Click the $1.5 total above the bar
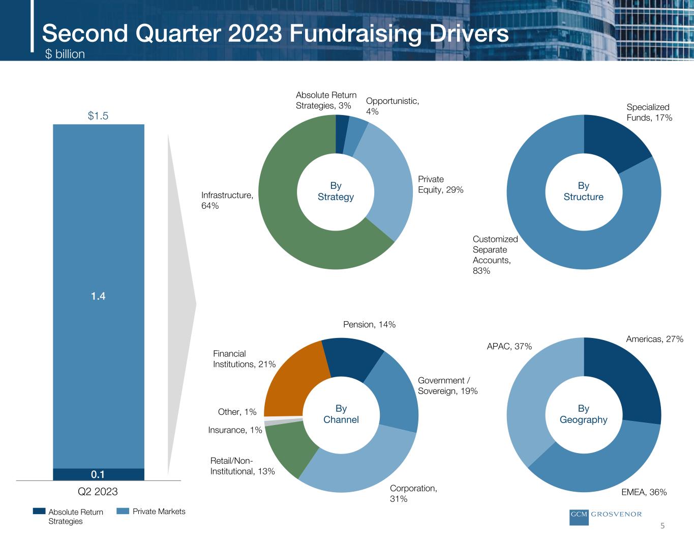point(98,116)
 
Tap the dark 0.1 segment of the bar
point(98,474)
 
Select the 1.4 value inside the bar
point(98,296)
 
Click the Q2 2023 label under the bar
point(98,491)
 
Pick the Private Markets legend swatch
point(123,511)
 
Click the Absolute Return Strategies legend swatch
point(39,511)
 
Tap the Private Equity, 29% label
point(440,184)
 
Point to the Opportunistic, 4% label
point(392,106)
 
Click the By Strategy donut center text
point(336,191)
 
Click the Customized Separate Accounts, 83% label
point(495,255)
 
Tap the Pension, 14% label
point(369,324)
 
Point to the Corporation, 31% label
point(413,493)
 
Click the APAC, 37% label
point(509,346)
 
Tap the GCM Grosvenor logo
point(606,516)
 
